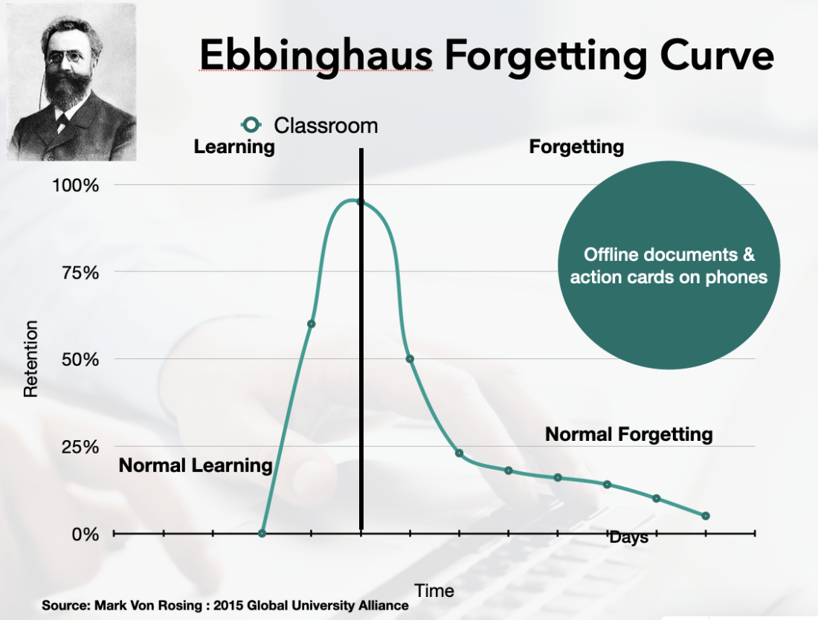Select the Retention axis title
[x=30, y=358]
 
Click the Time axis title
[x=434, y=591]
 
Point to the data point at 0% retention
[x=262, y=533]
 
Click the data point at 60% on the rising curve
[x=311, y=324]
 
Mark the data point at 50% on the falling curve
[x=410, y=359]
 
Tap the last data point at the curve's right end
[x=706, y=516]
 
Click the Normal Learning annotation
[x=196, y=466]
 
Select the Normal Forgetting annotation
[x=629, y=434]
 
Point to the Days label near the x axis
[x=628, y=537]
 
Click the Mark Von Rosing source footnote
[x=225, y=605]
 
